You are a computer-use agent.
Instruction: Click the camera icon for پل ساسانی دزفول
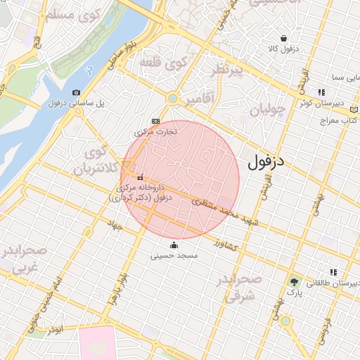point(76,92)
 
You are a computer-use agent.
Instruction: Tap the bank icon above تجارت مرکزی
point(155,121)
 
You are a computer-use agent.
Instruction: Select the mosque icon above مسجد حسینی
point(174,245)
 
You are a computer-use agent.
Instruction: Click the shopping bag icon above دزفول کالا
point(283,39)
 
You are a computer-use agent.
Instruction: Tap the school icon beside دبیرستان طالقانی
point(333,272)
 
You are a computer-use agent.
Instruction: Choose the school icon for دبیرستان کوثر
point(321,92)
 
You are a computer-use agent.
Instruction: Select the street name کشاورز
point(227,246)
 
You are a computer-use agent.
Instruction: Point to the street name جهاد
point(115,226)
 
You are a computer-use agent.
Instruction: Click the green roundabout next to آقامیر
point(172,98)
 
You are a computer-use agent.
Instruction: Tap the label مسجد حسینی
point(174,257)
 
